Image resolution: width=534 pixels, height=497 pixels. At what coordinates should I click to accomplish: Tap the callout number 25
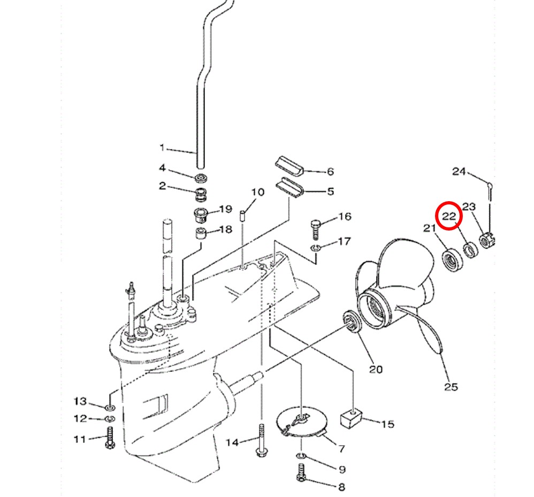[451, 387]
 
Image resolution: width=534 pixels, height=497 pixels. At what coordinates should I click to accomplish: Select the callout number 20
[376, 369]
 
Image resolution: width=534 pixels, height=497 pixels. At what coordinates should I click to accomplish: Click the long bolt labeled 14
[261, 440]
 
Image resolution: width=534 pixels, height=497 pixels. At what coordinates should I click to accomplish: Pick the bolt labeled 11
[110, 438]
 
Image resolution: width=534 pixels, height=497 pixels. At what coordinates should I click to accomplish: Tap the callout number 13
[80, 401]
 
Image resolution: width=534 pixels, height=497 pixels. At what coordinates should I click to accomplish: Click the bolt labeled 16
[315, 230]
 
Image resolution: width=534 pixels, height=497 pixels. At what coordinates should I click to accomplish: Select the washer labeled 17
[315, 248]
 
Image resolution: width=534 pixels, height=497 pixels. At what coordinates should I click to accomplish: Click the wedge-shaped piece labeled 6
[289, 166]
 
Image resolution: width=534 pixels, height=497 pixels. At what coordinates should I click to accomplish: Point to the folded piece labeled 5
[289, 188]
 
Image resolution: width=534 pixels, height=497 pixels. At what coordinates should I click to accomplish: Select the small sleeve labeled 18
[200, 234]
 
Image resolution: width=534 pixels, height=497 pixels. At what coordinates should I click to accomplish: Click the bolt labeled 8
[301, 473]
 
